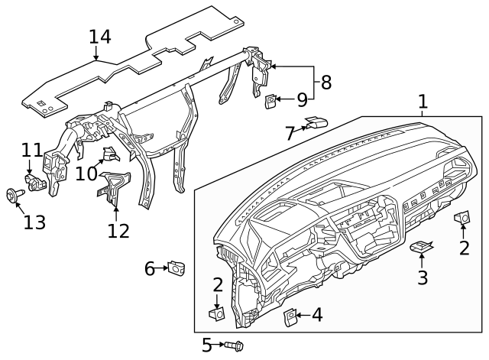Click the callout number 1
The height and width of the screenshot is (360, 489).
pyautogui.click(x=423, y=102)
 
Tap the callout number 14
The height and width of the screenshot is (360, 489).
pyautogui.click(x=100, y=37)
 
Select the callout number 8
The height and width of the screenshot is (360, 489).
pyautogui.click(x=326, y=83)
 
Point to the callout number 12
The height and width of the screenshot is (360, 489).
pyautogui.click(x=118, y=229)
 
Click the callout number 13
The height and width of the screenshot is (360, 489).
pyautogui.click(x=34, y=222)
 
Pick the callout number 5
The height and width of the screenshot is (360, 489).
pyautogui.click(x=206, y=346)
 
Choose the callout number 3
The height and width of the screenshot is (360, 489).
pyautogui.click(x=423, y=276)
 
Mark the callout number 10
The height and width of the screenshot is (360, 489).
pyautogui.click(x=86, y=174)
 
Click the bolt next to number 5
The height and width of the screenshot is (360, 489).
pyautogui.click(x=232, y=346)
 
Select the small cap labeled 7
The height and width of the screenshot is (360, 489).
pyautogui.click(x=316, y=122)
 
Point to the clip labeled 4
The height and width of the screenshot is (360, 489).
pyautogui.click(x=291, y=316)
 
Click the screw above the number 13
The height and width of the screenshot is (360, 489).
pyautogui.click(x=14, y=196)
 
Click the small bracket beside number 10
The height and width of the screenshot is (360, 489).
pyautogui.click(x=111, y=155)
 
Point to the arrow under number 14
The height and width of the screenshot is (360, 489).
pyautogui.click(x=96, y=54)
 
